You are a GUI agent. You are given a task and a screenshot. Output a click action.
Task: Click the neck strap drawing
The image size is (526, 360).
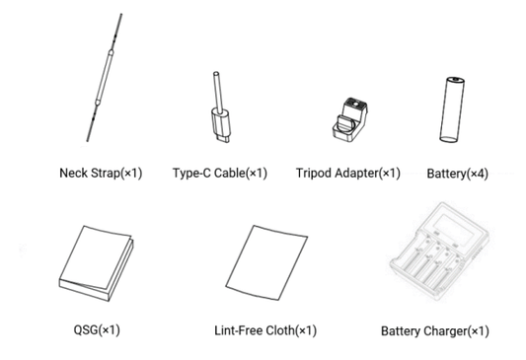pyautogui.click(x=105, y=78)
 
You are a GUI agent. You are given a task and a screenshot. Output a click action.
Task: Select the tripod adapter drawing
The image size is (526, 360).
pyautogui.click(x=350, y=118)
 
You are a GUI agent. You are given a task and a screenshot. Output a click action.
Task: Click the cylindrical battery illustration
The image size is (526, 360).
pyautogui.click(x=452, y=109)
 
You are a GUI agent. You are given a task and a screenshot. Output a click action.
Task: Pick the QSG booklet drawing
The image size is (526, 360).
pyautogui.click(x=96, y=263)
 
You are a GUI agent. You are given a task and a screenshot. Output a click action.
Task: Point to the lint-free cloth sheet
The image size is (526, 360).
pyautogui.click(x=266, y=262)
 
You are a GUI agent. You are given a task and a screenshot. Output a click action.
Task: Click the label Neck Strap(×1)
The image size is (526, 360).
pyautogui.click(x=101, y=173)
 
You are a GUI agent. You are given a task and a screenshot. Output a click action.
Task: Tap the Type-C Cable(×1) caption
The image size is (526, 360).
pyautogui.click(x=220, y=173)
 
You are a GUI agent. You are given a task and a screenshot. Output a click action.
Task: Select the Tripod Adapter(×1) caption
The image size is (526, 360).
pyautogui.click(x=348, y=173)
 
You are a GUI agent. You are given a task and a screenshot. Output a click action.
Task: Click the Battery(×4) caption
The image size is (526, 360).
pyautogui.click(x=457, y=174)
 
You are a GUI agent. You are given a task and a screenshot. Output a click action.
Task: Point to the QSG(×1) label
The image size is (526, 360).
pyautogui.click(x=97, y=329)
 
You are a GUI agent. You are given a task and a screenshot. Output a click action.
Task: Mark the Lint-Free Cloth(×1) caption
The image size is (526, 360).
pyautogui.click(x=265, y=330)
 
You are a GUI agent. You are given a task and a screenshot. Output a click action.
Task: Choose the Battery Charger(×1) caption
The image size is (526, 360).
pyautogui.click(x=435, y=331)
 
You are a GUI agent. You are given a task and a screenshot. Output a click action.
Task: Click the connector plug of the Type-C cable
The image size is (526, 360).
pyautogui.click(x=221, y=125)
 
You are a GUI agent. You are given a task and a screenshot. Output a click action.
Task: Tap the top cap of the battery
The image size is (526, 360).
pyautogui.click(x=456, y=80)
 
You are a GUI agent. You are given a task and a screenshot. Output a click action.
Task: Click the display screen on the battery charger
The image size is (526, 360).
pyautogui.click(x=449, y=229)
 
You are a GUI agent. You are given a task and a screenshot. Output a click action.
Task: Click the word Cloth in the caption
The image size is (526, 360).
pyautogui.click(x=279, y=330)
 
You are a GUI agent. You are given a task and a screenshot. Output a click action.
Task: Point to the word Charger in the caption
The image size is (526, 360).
pyautogui.click(x=445, y=331)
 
